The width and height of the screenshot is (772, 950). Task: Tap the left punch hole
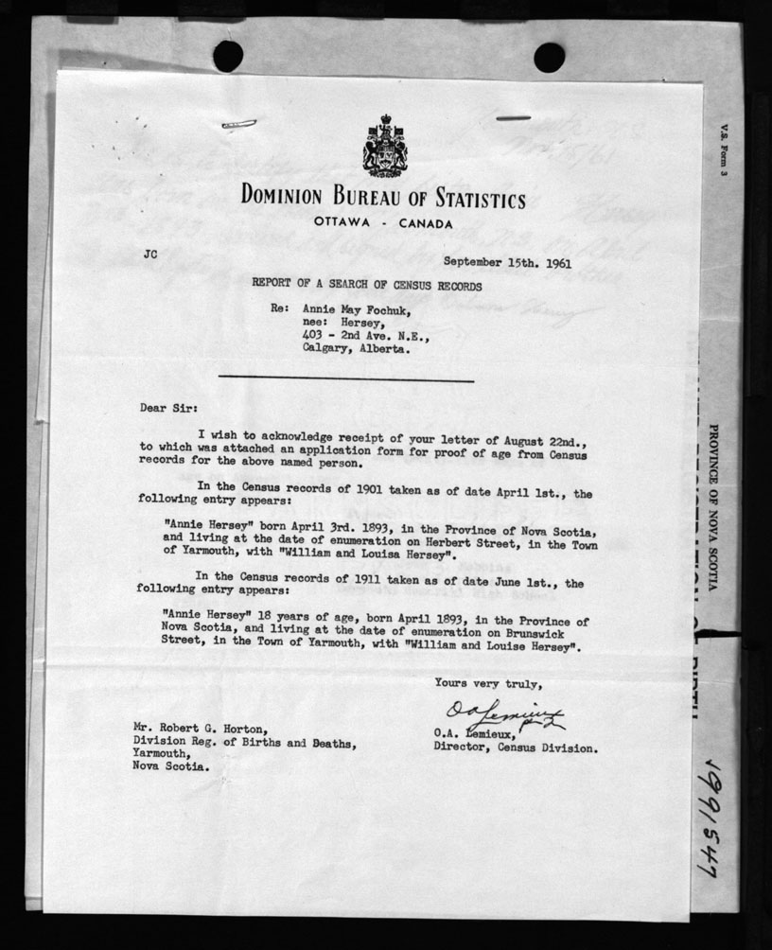[x=228, y=56]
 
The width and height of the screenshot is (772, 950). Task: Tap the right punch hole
[x=549, y=57]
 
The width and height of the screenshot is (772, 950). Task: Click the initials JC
[x=151, y=254]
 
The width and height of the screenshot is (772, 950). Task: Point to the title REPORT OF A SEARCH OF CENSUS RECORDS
[x=367, y=285]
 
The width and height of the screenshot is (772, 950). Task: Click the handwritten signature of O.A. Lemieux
[x=502, y=717]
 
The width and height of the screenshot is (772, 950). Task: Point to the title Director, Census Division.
[x=516, y=748]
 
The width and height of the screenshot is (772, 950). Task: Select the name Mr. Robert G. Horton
[x=200, y=729]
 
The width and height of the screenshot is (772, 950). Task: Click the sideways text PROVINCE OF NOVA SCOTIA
[x=712, y=505]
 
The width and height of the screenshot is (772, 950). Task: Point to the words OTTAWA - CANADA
[x=383, y=224]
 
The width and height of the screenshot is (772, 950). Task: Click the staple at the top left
[x=237, y=124]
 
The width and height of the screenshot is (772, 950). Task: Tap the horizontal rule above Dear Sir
[x=350, y=380]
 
